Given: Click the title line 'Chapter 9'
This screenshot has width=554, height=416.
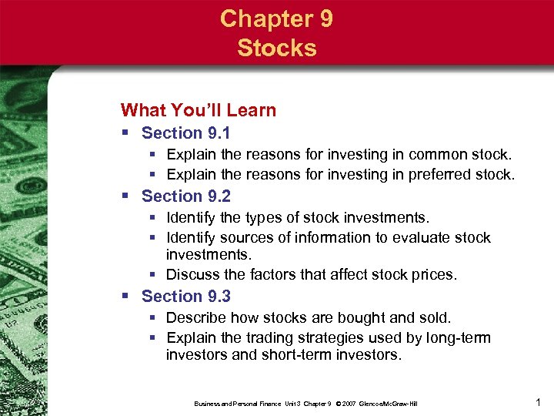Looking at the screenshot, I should [x=276, y=18].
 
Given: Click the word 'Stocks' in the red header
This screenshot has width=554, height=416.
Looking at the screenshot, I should [x=276, y=48].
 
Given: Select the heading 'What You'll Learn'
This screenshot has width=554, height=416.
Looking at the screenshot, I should [x=199, y=110].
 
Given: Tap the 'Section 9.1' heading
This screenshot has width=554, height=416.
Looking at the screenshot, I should [x=186, y=133].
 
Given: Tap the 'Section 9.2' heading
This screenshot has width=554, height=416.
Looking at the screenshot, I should [x=186, y=196].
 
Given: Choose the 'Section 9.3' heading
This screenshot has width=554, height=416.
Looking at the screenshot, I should [x=186, y=297].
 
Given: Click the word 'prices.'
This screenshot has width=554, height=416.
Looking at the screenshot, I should [x=435, y=275].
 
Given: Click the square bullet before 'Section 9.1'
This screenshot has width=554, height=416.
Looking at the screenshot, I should [x=127, y=133].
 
